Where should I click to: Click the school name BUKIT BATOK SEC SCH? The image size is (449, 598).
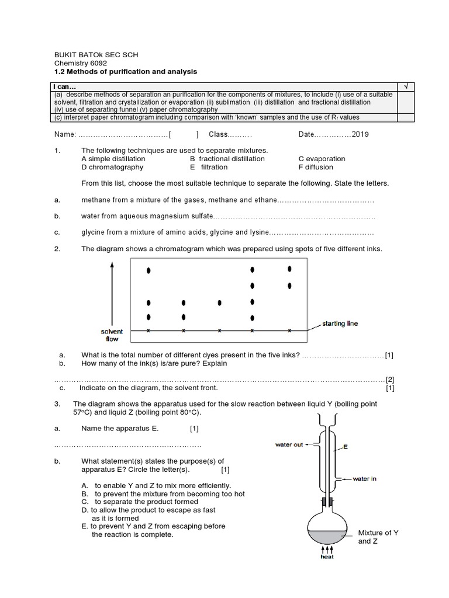96,55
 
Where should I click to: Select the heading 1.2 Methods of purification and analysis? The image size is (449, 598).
126,71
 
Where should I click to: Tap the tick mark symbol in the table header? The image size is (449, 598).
405,86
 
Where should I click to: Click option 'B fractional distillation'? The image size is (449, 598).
227,159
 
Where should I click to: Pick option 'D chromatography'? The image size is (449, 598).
112,167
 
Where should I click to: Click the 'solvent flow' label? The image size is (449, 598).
112,335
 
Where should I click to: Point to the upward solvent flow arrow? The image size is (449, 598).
112,292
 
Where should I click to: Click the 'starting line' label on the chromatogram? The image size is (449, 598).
340,324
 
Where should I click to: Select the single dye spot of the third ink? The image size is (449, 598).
219,303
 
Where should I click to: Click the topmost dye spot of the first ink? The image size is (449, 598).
148,270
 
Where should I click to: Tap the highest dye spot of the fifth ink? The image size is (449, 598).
289,269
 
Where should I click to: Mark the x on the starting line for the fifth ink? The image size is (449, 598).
289,331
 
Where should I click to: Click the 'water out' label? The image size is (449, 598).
289,445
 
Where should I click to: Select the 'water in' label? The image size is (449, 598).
364,479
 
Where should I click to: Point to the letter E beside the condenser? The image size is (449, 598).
346,447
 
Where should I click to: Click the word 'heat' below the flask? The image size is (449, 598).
327,557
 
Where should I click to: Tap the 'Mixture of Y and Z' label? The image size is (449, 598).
378,537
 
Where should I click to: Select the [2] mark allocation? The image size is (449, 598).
390,379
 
